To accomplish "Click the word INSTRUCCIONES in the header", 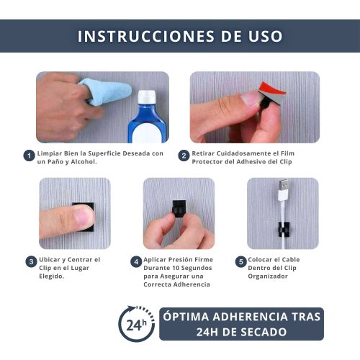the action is pyautogui.click(x=146, y=36).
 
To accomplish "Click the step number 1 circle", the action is pyautogui.click(x=29, y=156).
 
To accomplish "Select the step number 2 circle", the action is pyautogui.click(x=184, y=156).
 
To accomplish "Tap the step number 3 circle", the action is pyautogui.click(x=31, y=261).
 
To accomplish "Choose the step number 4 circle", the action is pyautogui.click(x=136, y=261).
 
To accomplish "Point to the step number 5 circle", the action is pyautogui.click(x=241, y=261).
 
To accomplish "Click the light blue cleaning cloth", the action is pyautogui.click(x=106, y=91).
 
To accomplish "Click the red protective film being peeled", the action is pyautogui.click(x=272, y=88).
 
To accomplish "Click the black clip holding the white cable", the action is pyautogui.click(x=284, y=230).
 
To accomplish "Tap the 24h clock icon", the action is pyautogui.click(x=137, y=324).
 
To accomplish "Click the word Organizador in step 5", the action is pyautogui.click(x=268, y=276).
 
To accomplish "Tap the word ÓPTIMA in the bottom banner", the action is pyautogui.click(x=186, y=317).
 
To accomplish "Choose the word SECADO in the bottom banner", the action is pyautogui.click(x=264, y=332).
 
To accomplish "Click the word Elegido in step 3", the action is pyautogui.click(x=52, y=276).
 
